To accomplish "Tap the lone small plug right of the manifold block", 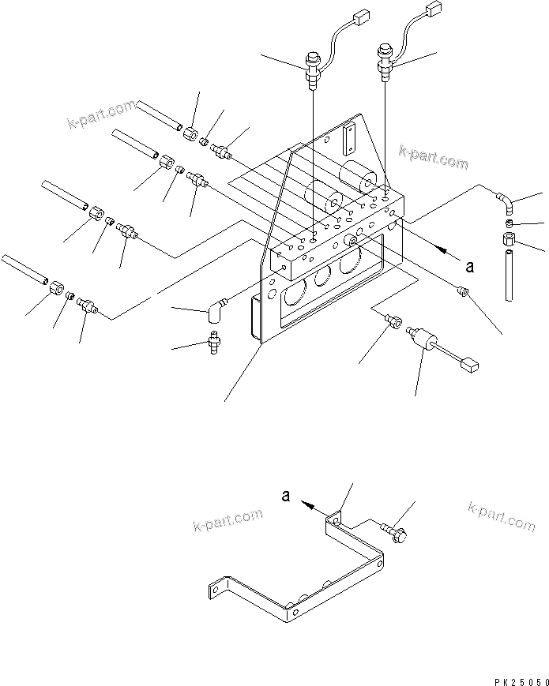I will [464, 292].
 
